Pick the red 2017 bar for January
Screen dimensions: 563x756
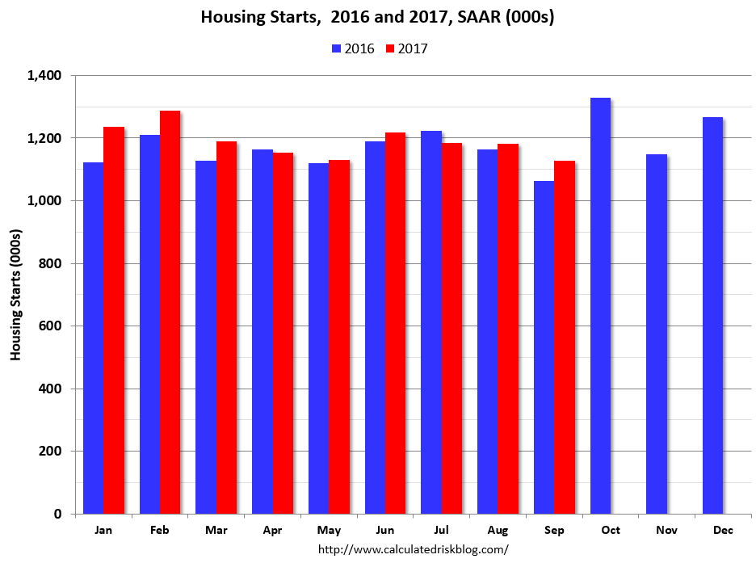click(x=113, y=320)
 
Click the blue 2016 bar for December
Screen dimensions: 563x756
click(x=712, y=315)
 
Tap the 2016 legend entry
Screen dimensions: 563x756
click(x=354, y=48)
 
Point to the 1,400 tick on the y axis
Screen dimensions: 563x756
click(x=45, y=76)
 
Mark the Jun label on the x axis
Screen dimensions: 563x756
click(x=384, y=530)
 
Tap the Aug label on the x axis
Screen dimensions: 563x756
click(x=497, y=530)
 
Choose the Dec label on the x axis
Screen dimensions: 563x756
click(x=722, y=530)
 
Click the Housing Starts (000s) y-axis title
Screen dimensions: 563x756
click(x=15, y=295)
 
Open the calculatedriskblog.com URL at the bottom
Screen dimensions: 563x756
click(x=413, y=549)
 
